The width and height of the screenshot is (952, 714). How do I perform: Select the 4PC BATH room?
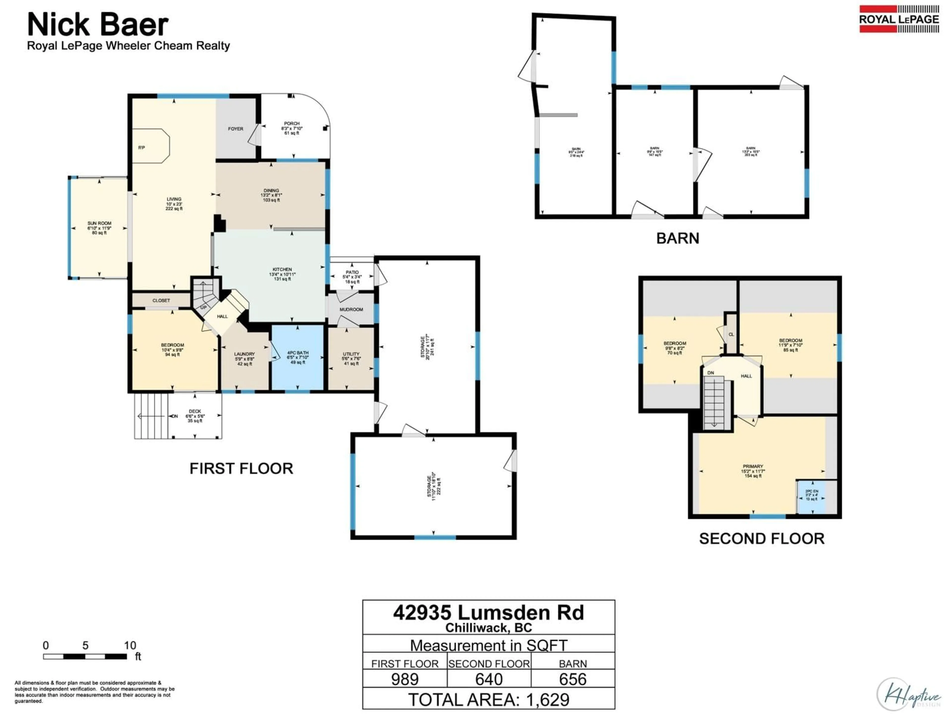point(297,357)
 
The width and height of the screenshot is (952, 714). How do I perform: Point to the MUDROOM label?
point(351,309)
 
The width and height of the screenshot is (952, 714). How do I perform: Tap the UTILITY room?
point(351,358)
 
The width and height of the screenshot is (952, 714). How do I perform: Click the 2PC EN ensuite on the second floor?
point(812,495)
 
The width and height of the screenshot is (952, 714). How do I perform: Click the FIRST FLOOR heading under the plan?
point(241,469)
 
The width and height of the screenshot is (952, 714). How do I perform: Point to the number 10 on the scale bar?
point(130,646)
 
